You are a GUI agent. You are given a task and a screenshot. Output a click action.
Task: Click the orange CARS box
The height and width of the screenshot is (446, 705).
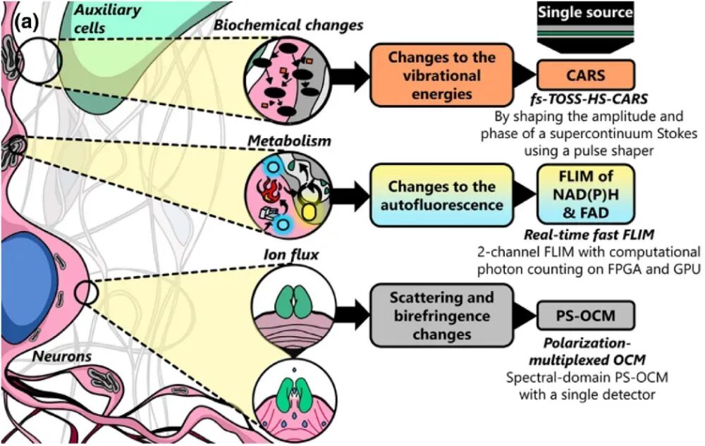tap(586, 75)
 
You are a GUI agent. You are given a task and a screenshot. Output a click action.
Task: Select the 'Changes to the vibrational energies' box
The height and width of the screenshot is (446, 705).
tap(443, 76)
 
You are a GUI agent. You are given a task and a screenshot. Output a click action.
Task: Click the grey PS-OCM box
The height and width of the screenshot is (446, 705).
tap(586, 316)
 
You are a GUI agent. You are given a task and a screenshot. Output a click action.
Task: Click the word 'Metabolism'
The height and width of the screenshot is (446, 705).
tap(288, 142)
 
